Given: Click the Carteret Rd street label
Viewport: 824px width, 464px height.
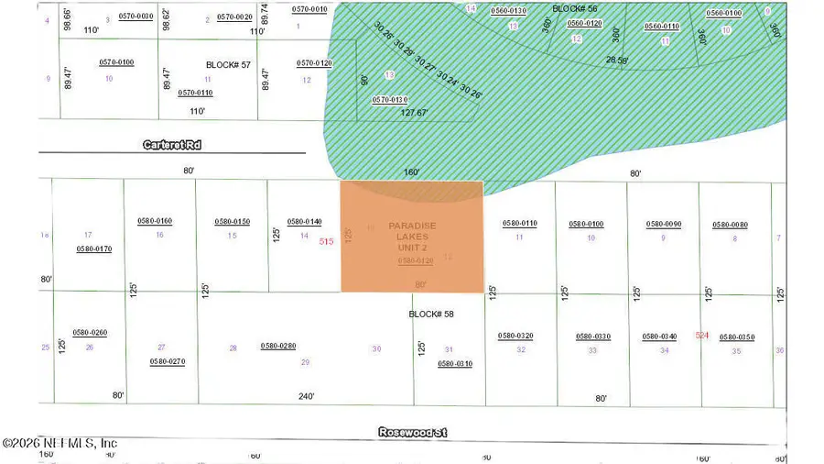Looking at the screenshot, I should coord(172,145).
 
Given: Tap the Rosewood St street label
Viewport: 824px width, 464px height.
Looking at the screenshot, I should coord(413,431).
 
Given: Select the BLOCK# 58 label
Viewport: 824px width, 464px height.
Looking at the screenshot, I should coord(430,314).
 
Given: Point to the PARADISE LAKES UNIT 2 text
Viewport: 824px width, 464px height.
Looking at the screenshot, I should coord(412,237).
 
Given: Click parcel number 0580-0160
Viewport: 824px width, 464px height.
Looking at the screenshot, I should coord(155,221).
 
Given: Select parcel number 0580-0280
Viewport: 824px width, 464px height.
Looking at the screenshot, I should coord(278,346).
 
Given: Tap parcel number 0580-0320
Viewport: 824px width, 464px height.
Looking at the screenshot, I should coord(515,336).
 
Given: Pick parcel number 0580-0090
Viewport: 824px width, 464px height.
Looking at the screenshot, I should coord(664,224).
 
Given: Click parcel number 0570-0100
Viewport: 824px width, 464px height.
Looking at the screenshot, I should coord(116,61).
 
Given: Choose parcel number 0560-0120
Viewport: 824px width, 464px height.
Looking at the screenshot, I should coord(584,23).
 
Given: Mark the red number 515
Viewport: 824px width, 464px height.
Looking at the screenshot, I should coord(326,241).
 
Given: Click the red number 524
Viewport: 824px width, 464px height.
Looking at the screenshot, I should coord(702,336).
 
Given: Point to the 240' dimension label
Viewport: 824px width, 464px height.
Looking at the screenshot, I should coord(306,396).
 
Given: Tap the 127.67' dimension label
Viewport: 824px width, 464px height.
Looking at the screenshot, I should coord(415,114).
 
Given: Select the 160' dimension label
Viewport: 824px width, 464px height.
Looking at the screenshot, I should coord(411,171).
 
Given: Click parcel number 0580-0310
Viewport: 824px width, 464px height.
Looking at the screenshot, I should coord(455,363).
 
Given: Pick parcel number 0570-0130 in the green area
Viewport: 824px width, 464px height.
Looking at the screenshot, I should coord(389,99).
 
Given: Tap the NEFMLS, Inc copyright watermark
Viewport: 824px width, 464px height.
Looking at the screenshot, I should coord(60,444).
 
